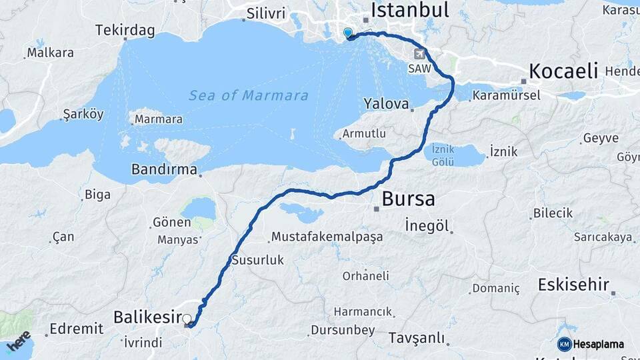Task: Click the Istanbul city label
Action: pos(409,10)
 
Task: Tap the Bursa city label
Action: pos(409,199)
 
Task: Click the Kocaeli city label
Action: pos(563,71)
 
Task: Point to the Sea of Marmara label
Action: pos(249,95)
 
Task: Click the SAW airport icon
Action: pos(419,54)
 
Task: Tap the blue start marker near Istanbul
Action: pos(347,33)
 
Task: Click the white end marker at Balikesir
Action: pos(187,319)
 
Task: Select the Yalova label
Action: pos(385,104)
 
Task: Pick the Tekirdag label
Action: pos(125,31)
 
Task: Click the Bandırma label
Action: pos(164,169)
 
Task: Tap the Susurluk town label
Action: pos(257,260)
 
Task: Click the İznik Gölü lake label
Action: pos(443,155)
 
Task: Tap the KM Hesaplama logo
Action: pos(591,344)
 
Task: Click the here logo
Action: pos(18,341)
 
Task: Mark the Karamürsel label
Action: pos(506,96)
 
